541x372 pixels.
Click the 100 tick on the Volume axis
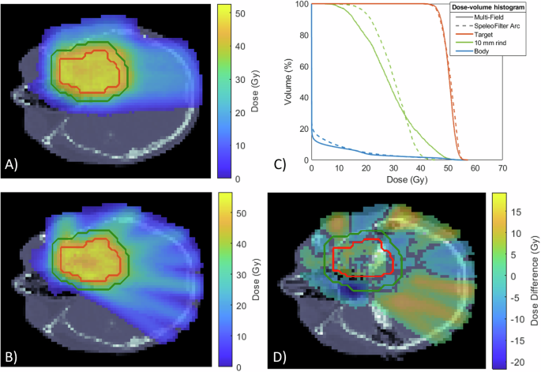[300, 4]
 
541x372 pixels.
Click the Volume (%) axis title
[285, 82]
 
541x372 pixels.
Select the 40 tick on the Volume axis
[302, 97]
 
